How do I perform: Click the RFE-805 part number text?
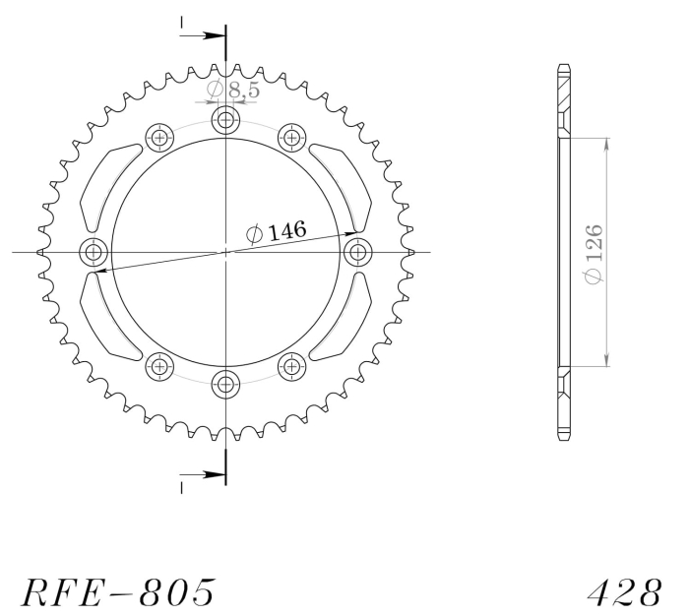pos(119,591)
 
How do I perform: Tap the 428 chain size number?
pos(624,591)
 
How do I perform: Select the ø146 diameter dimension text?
pos(276,231)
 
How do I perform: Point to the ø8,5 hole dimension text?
pos(233,90)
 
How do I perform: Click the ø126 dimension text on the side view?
pos(594,254)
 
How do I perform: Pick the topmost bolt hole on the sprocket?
pos(225,119)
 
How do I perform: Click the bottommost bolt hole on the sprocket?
pos(225,385)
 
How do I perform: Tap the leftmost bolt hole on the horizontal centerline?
pos(94,252)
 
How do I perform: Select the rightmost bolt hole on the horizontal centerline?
pos(358,252)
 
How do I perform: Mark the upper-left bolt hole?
pos(159,138)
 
